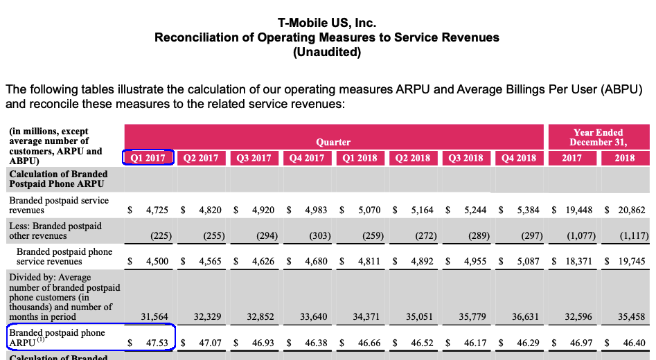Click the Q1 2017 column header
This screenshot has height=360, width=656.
pos(148,158)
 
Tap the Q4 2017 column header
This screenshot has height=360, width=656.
pos(307,158)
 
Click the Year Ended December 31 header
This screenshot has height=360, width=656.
pos(598,137)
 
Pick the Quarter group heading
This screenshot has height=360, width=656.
pos(333,142)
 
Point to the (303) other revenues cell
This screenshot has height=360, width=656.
pos(320,235)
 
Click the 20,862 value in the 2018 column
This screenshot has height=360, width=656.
pos(630,210)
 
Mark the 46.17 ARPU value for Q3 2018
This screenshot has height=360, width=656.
pos(475,343)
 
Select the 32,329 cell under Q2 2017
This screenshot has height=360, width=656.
pos(208,317)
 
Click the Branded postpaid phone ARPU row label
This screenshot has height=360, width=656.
pos(57,338)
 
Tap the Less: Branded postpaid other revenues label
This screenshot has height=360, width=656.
pos(55,231)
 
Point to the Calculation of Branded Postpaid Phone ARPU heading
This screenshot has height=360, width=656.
pos(58,179)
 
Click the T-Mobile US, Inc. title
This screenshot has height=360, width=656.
pos(327,23)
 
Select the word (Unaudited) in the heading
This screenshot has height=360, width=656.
pos(327,52)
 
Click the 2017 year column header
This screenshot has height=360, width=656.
pos(572,158)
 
